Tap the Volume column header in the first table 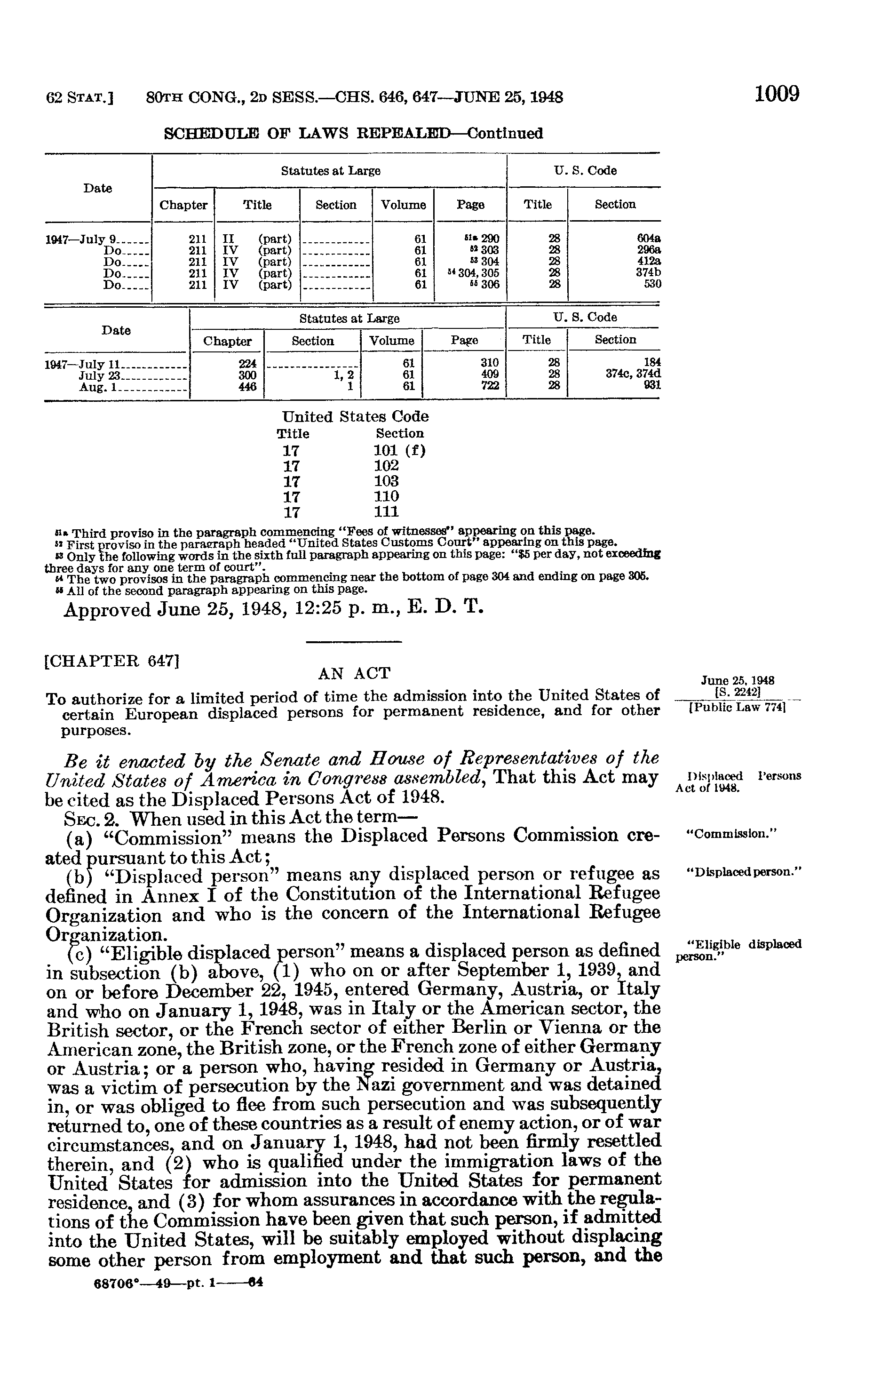click(x=403, y=205)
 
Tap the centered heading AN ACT click(x=354, y=673)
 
